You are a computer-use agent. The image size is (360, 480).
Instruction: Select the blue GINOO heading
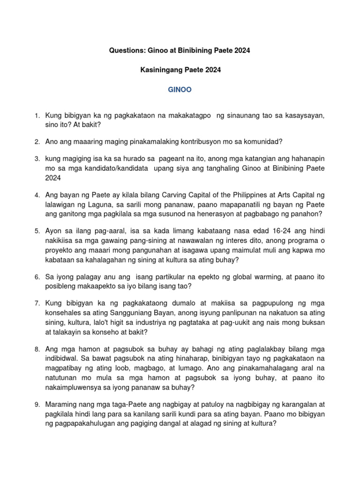[180, 90]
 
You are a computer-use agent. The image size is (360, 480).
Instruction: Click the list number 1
[36, 115]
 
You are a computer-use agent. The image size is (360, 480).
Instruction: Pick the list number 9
[36, 405]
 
